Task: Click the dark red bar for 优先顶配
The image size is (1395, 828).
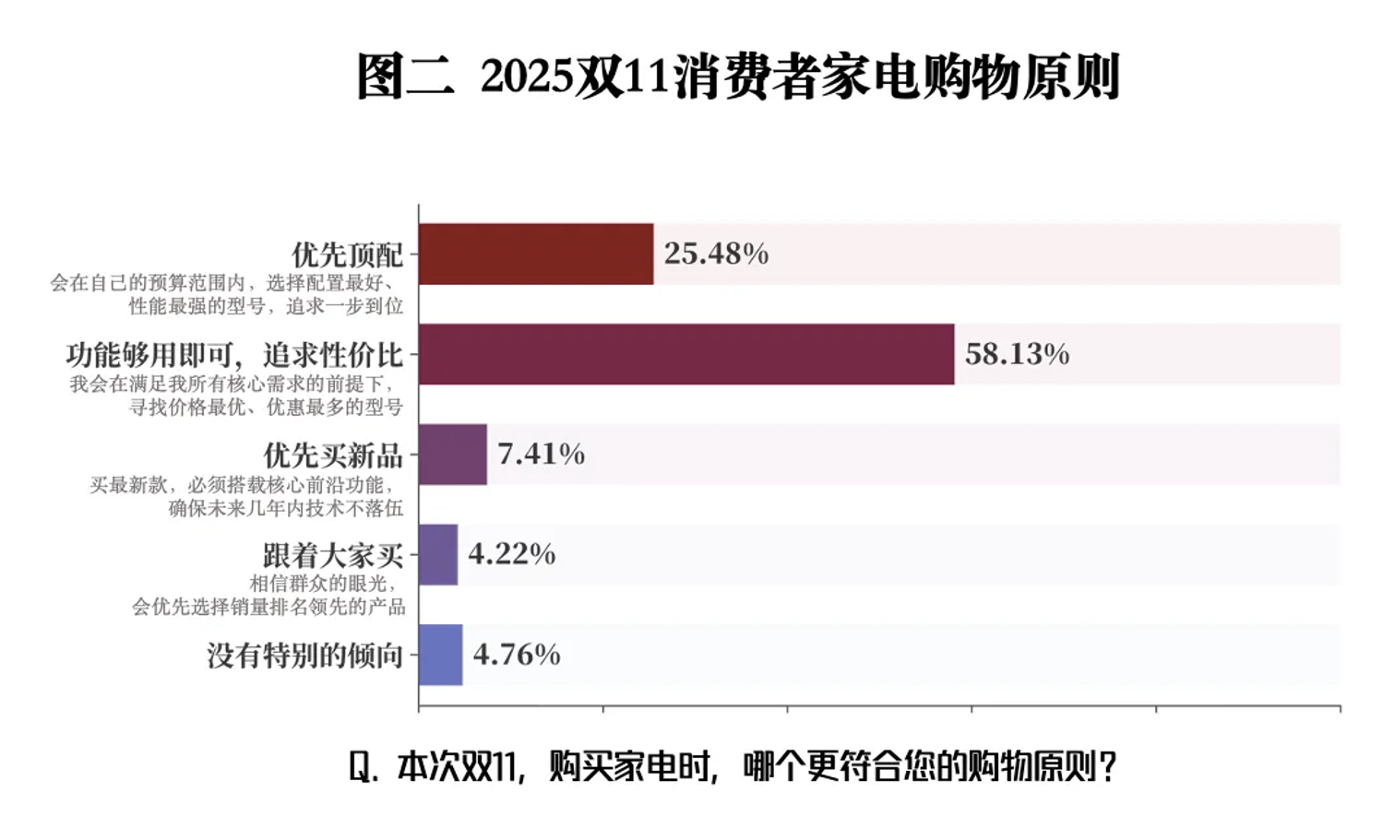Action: [536, 254]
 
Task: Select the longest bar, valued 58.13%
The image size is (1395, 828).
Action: [686, 354]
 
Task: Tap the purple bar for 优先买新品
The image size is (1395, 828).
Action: [452, 455]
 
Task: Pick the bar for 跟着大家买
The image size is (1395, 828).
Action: [438, 554]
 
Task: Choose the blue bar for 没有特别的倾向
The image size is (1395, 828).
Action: [440, 655]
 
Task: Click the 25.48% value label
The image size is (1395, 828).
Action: [716, 254]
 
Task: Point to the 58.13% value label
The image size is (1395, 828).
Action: [1017, 354]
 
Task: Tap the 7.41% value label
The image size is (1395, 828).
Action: [541, 454]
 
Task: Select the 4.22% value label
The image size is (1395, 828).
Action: [511, 554]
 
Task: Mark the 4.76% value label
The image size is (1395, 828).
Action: [517, 655]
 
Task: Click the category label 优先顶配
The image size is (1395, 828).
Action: [348, 254]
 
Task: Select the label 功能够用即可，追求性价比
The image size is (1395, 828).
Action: [234, 355]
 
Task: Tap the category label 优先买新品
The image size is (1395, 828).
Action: [333, 455]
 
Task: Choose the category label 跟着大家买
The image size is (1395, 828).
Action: [333, 555]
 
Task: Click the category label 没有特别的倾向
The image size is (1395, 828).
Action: [305, 656]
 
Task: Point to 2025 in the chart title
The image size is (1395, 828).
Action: [527, 77]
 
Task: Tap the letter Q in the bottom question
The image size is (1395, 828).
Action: [361, 766]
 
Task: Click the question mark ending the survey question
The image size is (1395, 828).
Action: [1108, 766]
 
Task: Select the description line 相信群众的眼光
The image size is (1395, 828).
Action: [322, 584]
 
